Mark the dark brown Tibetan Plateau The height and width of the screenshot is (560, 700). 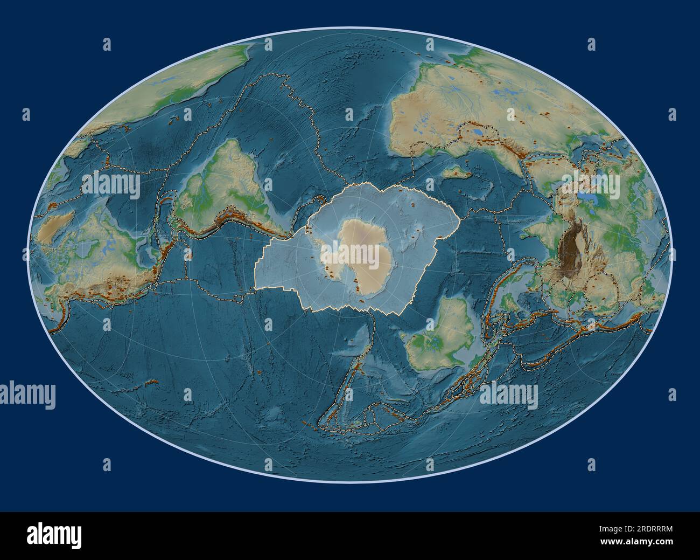[574, 248]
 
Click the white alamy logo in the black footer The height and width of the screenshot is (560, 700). [54, 536]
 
